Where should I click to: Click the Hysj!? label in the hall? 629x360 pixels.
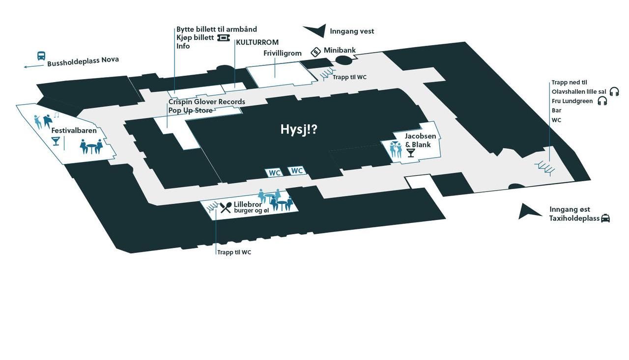pyautogui.click(x=299, y=130)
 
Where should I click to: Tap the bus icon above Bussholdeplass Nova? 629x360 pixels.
pyautogui.click(x=41, y=56)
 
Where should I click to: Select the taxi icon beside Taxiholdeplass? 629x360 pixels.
pyautogui.click(x=605, y=218)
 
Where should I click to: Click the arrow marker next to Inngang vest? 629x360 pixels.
pyautogui.click(x=316, y=30)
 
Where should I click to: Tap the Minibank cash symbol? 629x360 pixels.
pyautogui.click(x=315, y=52)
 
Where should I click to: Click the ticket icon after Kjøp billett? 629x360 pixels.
pyautogui.click(x=224, y=38)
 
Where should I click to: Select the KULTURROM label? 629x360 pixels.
pyautogui.click(x=257, y=42)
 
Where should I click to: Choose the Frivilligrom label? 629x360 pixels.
pyautogui.click(x=283, y=54)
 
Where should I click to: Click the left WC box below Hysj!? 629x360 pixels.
pyautogui.click(x=274, y=172)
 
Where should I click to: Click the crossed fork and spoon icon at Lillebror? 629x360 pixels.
pyautogui.click(x=226, y=208)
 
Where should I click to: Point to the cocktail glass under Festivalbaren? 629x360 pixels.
pyautogui.click(x=56, y=141)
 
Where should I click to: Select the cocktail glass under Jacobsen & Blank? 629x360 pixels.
pyautogui.click(x=411, y=153)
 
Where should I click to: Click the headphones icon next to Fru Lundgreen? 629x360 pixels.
pyautogui.click(x=602, y=101)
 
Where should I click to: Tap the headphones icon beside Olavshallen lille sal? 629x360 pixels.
pyautogui.click(x=614, y=91)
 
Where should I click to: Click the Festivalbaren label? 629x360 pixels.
pyautogui.click(x=74, y=131)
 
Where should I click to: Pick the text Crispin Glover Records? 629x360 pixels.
pyautogui.click(x=207, y=102)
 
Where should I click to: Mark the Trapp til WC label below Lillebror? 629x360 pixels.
pyautogui.click(x=234, y=252)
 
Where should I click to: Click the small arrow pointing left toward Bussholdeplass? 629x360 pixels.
pyautogui.click(x=34, y=66)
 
